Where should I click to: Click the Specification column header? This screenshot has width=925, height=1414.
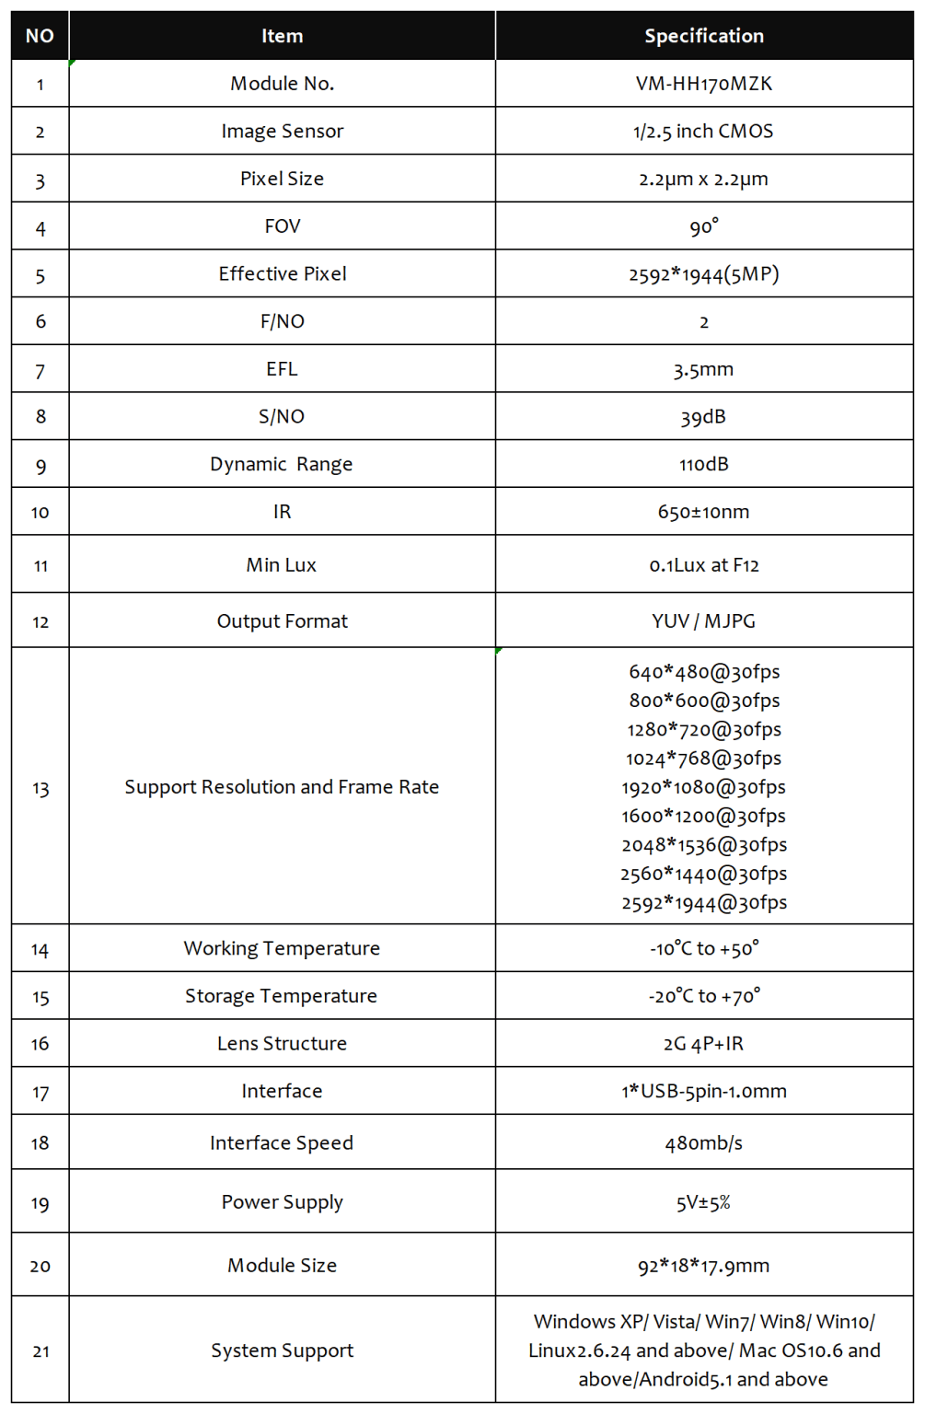click(704, 36)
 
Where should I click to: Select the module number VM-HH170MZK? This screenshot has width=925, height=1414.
click(704, 84)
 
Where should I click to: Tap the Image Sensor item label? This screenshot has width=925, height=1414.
click(282, 132)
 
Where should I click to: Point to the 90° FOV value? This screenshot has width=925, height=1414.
click(704, 226)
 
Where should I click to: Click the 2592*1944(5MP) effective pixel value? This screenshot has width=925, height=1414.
click(704, 274)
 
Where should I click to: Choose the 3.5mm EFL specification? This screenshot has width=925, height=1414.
click(704, 370)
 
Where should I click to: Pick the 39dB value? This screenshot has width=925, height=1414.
click(704, 417)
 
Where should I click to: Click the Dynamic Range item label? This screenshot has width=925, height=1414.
click(282, 465)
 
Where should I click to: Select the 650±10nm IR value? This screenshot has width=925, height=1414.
click(704, 512)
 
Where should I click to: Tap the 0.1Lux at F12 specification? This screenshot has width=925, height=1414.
click(704, 565)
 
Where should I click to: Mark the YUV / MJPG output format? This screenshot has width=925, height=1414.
click(704, 621)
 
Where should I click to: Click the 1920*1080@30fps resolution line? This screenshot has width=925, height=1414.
click(704, 787)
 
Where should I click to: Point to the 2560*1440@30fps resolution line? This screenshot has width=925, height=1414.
click(704, 874)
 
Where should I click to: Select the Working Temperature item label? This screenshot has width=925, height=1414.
click(282, 949)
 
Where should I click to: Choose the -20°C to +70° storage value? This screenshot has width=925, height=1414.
click(704, 996)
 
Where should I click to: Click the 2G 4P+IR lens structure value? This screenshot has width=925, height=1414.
click(704, 1044)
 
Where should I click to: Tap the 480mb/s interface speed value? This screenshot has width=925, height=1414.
click(704, 1143)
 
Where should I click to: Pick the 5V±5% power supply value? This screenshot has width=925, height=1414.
click(704, 1202)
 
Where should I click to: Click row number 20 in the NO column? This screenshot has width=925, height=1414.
click(40, 1266)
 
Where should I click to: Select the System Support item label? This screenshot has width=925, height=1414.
click(282, 1350)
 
